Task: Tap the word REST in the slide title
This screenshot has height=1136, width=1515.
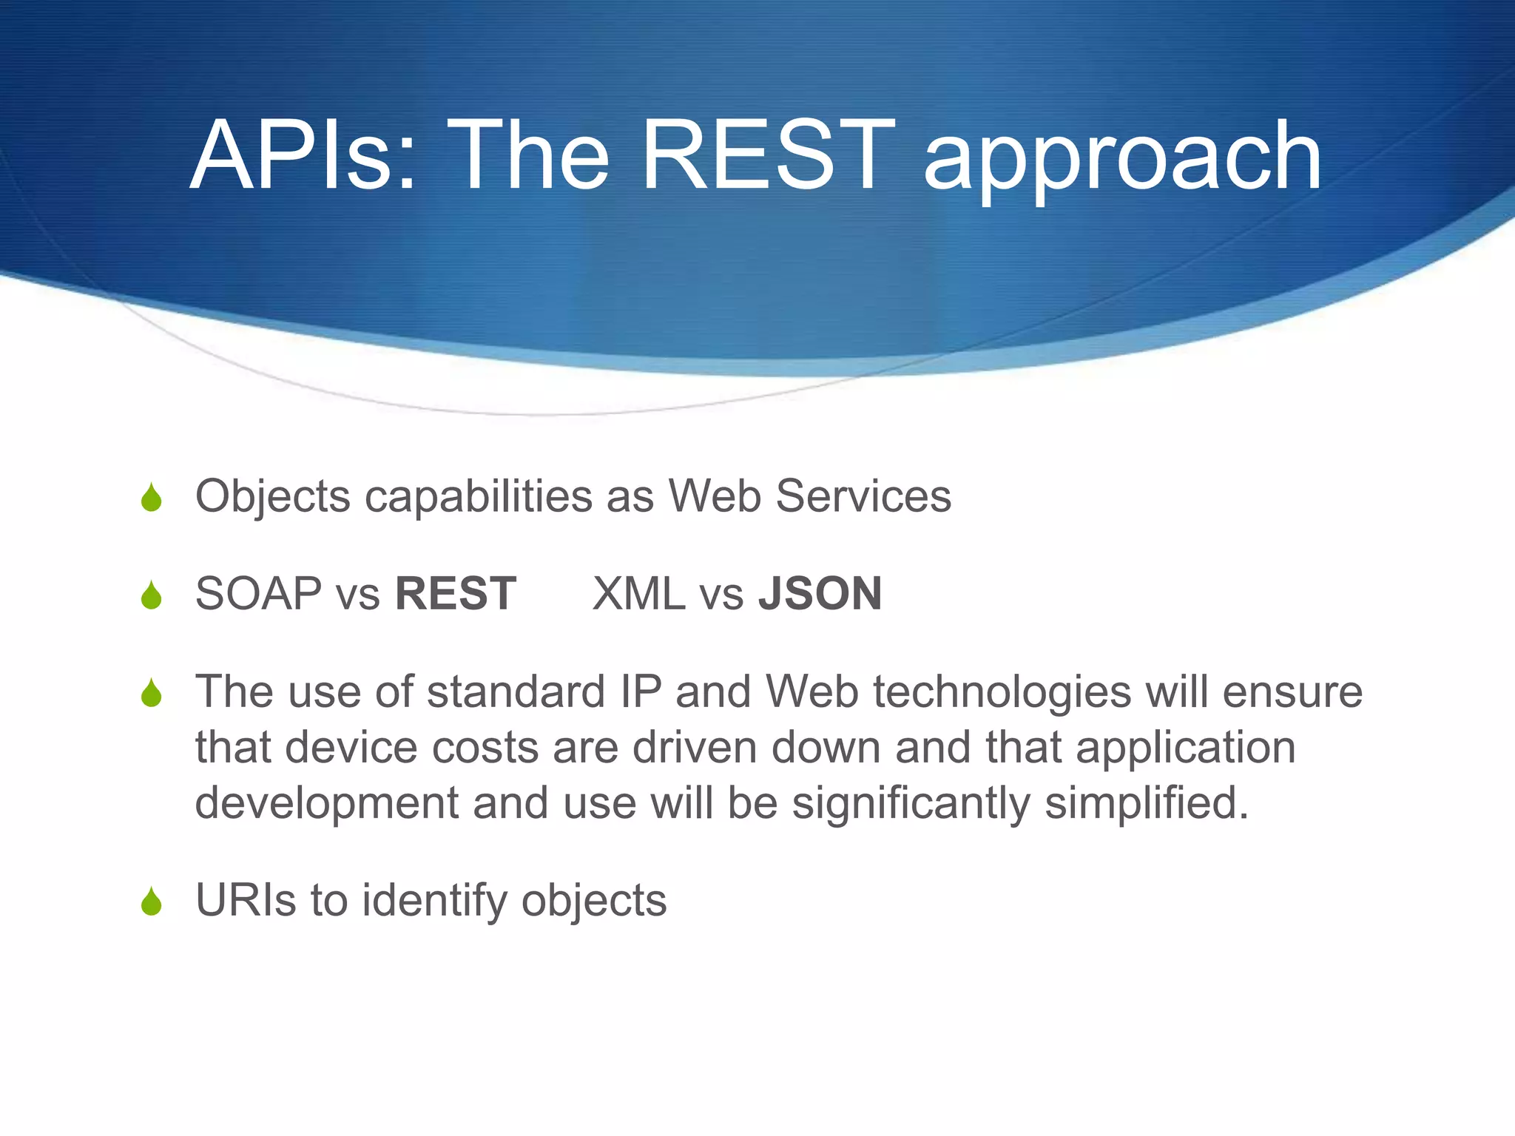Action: (x=768, y=157)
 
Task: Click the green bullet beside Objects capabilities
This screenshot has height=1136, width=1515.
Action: (x=152, y=498)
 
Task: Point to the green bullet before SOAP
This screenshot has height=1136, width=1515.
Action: (x=152, y=595)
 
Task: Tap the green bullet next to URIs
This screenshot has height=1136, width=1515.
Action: (x=152, y=902)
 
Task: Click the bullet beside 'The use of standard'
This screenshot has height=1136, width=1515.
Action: (x=152, y=694)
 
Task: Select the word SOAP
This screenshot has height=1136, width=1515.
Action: (x=258, y=594)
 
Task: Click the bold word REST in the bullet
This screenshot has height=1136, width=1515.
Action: (x=456, y=594)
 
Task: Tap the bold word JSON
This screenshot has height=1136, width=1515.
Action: (x=820, y=594)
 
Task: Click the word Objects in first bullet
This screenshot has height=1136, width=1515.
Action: (x=272, y=496)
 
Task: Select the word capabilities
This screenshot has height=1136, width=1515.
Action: (x=478, y=496)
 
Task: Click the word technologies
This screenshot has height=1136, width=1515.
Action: (x=1002, y=693)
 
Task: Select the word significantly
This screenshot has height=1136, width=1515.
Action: (x=911, y=804)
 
